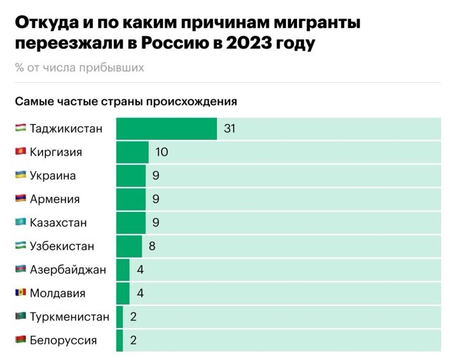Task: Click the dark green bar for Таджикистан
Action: click(167, 128)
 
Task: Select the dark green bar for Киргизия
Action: click(132, 152)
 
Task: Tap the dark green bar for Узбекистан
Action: click(129, 246)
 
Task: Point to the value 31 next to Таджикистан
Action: click(230, 128)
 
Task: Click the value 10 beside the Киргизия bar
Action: click(162, 152)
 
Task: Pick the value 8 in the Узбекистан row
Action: click(152, 246)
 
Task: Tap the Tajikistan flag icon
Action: click(20, 128)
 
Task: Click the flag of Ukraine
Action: click(20, 175)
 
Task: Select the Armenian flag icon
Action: click(20, 198)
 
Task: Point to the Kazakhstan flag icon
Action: click(20, 222)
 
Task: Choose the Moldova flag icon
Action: click(20, 293)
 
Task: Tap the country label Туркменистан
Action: click(69, 316)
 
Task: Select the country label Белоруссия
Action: click(63, 340)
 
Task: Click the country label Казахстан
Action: click(58, 223)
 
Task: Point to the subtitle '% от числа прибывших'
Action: click(79, 68)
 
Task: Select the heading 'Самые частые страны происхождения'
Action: click(126, 101)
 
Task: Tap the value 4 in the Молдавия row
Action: click(140, 293)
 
